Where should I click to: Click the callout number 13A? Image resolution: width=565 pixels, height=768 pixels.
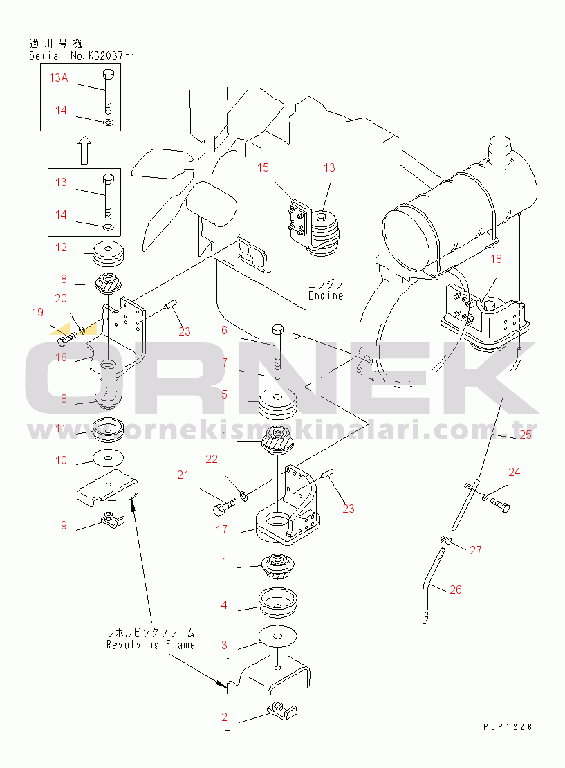(x=58, y=77)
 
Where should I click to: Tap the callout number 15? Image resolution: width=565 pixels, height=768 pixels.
(x=263, y=167)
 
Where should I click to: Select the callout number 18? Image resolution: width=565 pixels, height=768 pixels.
(x=496, y=259)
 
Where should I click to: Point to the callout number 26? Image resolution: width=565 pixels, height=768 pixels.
(x=455, y=589)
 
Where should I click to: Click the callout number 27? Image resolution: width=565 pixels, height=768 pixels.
(x=475, y=550)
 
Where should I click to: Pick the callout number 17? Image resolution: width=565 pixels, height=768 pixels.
(x=221, y=529)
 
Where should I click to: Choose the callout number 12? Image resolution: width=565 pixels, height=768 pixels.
(x=61, y=247)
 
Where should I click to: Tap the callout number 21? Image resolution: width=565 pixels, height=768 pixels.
(x=183, y=475)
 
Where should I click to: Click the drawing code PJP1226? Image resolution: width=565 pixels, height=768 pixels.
(x=508, y=727)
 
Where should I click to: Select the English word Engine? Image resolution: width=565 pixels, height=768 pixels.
(x=326, y=295)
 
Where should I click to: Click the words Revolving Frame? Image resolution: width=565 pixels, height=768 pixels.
(x=151, y=645)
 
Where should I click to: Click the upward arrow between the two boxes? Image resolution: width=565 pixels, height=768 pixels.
(x=84, y=150)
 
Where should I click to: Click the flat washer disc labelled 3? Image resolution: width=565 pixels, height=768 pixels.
(x=278, y=636)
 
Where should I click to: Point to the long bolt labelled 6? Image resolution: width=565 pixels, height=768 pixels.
(x=277, y=346)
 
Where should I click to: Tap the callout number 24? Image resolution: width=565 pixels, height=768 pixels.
(x=514, y=472)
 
